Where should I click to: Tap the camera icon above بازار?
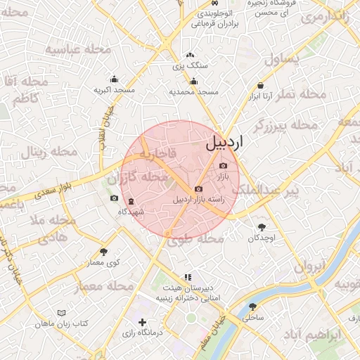point(224,165)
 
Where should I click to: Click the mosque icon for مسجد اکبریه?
point(115,79)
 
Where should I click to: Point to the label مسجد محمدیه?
point(194,92)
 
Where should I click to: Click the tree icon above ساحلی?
point(252,307)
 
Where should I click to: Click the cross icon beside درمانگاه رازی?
point(143,322)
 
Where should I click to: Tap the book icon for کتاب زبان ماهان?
point(61,312)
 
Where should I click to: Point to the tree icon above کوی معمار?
point(104,252)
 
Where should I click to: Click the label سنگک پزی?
point(191,65)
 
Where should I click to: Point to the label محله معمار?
point(103,286)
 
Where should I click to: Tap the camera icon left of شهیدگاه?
point(114,198)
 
